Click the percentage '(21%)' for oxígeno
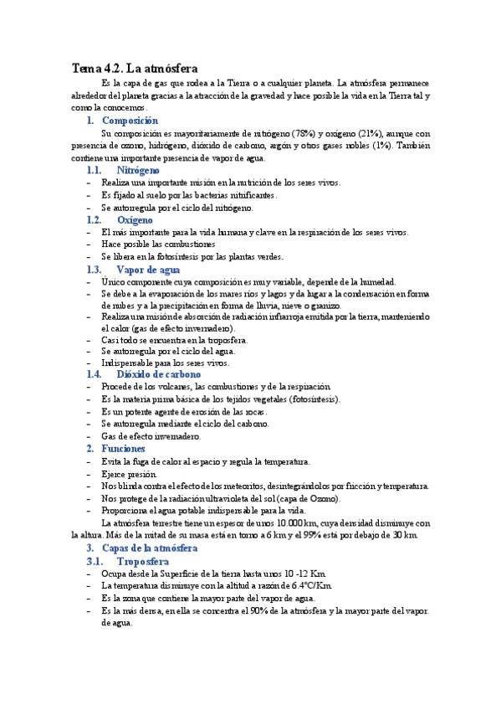[x=367, y=133]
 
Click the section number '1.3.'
[x=94, y=270]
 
